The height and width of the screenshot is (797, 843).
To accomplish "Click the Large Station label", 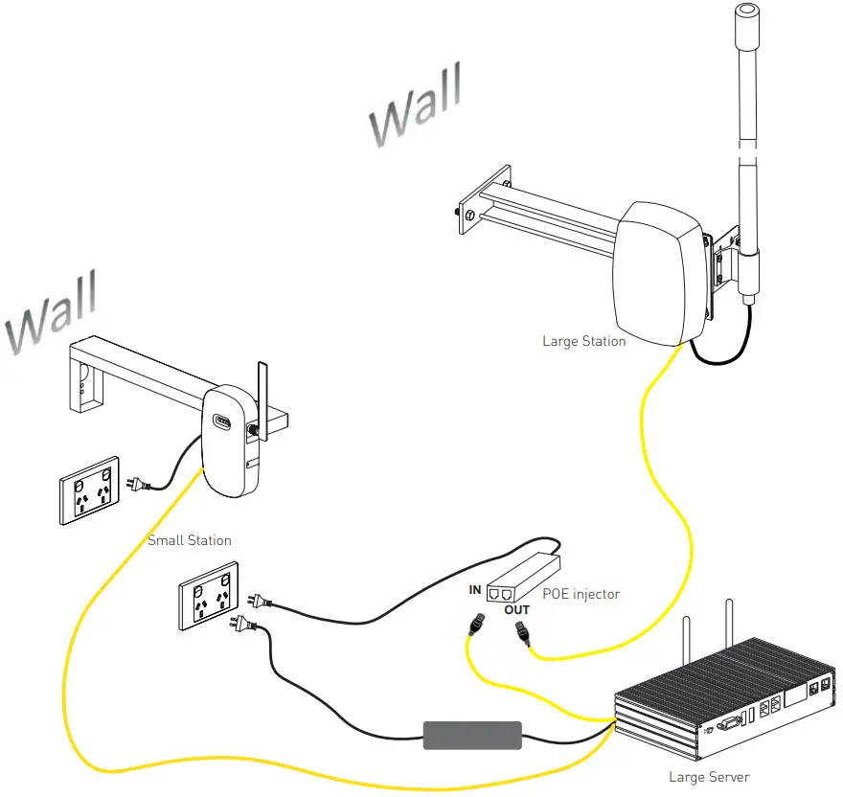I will tap(583, 341).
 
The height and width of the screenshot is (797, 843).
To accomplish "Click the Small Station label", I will tap(189, 540).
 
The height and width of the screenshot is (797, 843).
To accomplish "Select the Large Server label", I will tap(709, 777).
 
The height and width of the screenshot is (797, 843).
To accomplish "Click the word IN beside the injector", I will tap(474, 590).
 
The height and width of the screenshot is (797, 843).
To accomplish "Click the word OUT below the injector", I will tap(516, 610).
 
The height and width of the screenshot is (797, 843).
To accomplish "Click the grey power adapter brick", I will tap(472, 736).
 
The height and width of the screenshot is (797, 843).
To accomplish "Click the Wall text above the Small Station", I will tap(53, 311).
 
